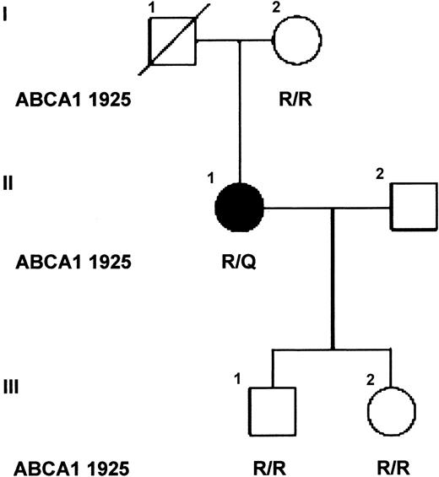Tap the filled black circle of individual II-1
pyautogui.click(x=240, y=207)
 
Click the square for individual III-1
pyautogui.click(x=271, y=410)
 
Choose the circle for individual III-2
pyautogui.click(x=391, y=411)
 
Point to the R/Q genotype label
pyautogui.click(x=240, y=262)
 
